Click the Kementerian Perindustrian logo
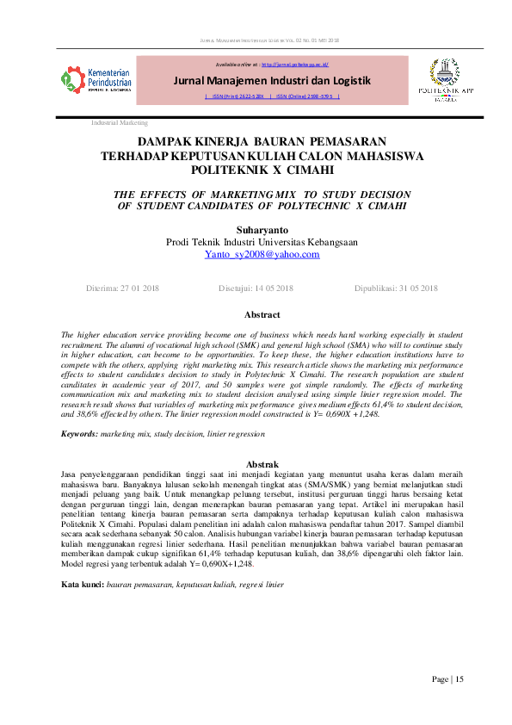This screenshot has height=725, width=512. tap(95, 81)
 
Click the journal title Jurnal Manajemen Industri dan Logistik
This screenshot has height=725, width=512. tap(272, 81)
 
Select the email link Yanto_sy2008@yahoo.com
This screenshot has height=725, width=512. tap(262, 255)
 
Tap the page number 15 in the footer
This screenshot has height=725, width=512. tap(460, 679)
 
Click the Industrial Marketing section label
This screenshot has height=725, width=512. tap(120, 123)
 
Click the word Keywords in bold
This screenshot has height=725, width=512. tap(78, 435)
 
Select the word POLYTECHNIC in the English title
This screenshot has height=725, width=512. tap(303, 207)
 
